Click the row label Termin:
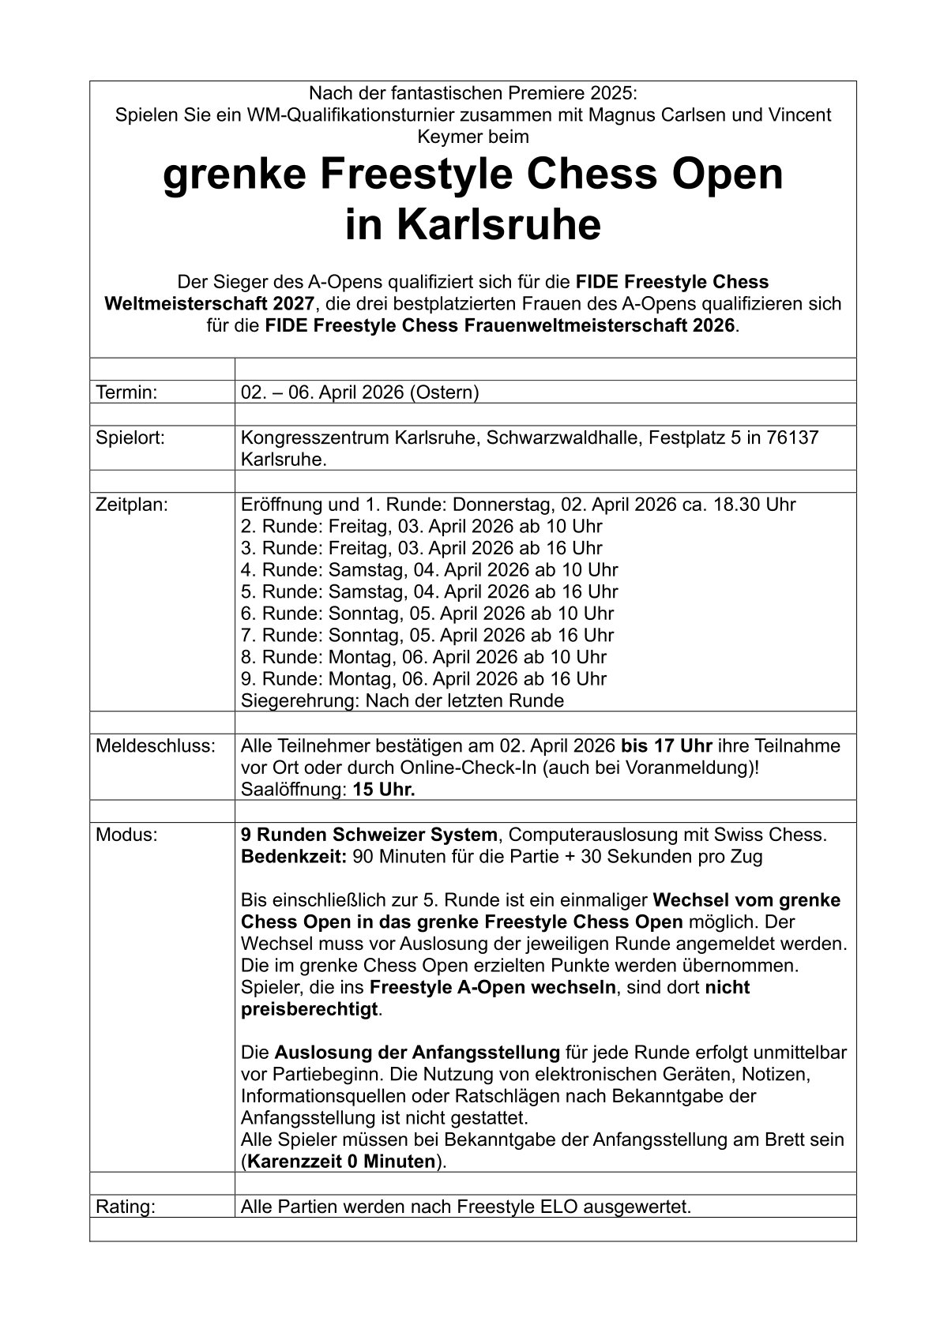(126, 392)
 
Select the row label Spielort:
(130, 437)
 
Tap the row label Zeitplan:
(132, 505)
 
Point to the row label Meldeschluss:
(155, 746)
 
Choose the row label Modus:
(126, 835)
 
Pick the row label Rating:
(125, 1207)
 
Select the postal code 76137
(792, 437)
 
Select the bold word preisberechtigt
(310, 1009)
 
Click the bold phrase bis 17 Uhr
(667, 746)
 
